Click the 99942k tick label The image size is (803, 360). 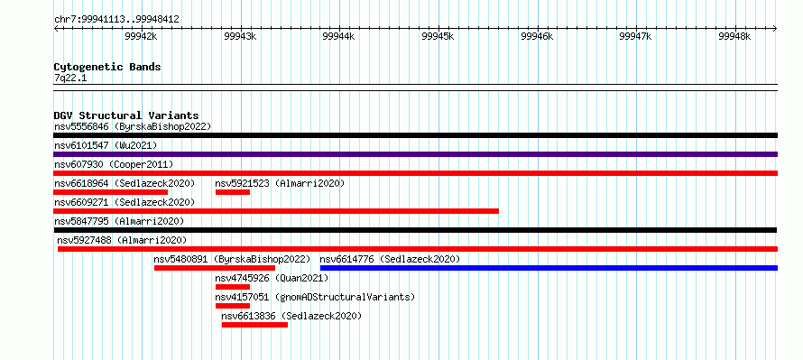[x=141, y=37]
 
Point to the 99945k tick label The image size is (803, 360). [x=438, y=37]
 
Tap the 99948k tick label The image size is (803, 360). [x=734, y=37]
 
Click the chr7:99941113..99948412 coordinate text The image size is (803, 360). [x=116, y=20]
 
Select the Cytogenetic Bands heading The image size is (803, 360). [x=107, y=67]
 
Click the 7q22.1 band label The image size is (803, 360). [x=71, y=78]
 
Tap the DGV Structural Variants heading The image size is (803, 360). [x=126, y=115]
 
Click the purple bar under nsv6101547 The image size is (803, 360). [x=415, y=154]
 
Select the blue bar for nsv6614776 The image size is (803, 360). [x=549, y=268]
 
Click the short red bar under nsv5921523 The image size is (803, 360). [x=233, y=192]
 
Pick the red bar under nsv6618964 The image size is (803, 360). [x=111, y=192]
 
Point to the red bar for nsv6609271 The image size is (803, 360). [x=276, y=211]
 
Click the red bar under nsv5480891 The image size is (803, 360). [x=215, y=268]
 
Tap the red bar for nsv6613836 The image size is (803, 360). [x=254, y=325]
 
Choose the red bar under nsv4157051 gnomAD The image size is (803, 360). [x=233, y=306]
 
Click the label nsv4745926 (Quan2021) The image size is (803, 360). [x=272, y=279]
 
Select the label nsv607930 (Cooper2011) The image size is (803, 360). [x=114, y=164]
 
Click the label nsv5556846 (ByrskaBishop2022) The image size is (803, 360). [x=133, y=126]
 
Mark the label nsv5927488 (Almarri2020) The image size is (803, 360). [x=122, y=240]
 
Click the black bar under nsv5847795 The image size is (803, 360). [x=415, y=230]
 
